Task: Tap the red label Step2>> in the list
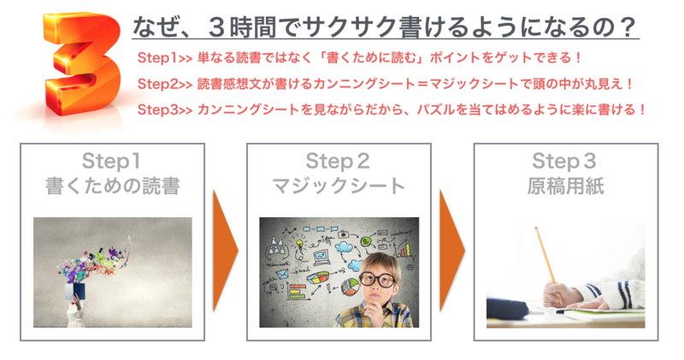(165, 84)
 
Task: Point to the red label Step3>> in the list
(165, 109)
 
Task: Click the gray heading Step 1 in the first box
(112, 161)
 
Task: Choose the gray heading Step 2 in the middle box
(338, 161)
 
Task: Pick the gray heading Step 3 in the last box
(564, 161)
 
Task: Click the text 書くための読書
(113, 186)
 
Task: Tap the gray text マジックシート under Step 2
(339, 186)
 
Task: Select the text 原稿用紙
(565, 186)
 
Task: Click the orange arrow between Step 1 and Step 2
(226, 251)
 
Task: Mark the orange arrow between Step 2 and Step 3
(452, 251)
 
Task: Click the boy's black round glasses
(377, 279)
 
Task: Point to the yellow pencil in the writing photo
(547, 262)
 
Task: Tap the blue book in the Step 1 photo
(75, 292)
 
